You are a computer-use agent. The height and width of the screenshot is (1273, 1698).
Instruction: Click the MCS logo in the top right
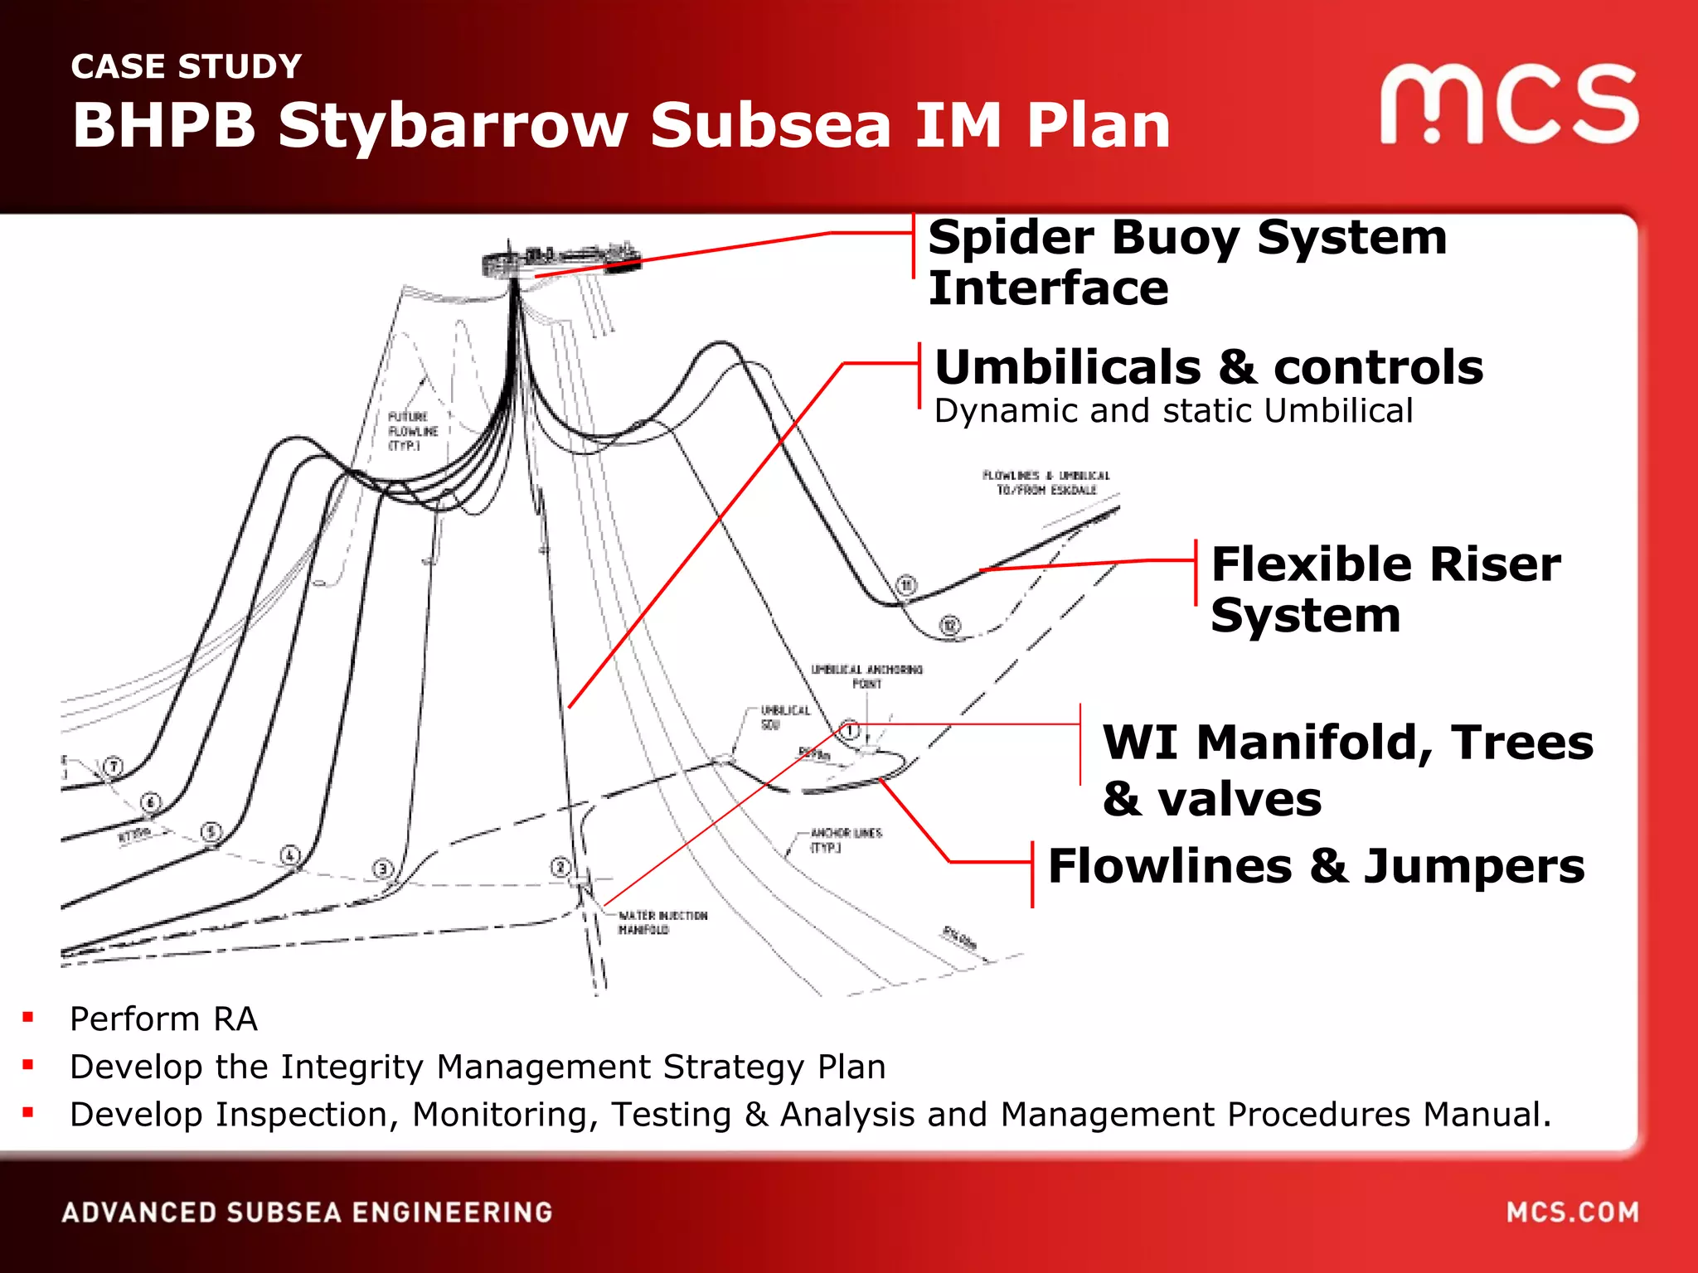point(1509,104)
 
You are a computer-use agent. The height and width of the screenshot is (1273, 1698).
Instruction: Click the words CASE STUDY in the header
point(187,66)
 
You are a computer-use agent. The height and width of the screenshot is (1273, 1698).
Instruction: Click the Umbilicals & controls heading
point(1209,367)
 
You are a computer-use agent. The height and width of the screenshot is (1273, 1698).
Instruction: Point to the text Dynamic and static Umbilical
point(1173,411)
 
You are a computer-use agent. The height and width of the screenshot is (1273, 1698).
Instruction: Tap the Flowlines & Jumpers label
point(1316,866)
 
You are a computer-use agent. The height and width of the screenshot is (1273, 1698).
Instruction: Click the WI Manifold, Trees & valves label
point(1347,769)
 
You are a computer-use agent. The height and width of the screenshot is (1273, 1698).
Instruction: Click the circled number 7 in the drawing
point(114,766)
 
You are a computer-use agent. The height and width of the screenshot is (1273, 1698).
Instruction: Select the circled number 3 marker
point(382,869)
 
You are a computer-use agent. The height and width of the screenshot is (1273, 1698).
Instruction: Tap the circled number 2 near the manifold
point(560,867)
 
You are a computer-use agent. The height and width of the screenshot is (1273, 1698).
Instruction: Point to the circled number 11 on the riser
point(906,586)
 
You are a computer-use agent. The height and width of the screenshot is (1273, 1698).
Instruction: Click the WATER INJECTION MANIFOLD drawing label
point(662,922)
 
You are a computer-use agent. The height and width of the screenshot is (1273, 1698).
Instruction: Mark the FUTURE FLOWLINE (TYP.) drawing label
point(412,431)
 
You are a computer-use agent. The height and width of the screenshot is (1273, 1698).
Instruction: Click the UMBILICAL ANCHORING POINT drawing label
point(866,676)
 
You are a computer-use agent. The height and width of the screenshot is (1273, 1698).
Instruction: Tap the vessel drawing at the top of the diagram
point(560,259)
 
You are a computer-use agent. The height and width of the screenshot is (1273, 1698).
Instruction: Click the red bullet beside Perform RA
point(28,1017)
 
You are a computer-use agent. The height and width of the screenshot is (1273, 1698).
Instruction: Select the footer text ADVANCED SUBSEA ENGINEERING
point(307,1212)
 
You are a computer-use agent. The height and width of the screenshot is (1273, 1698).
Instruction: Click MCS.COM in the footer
point(1572,1212)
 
